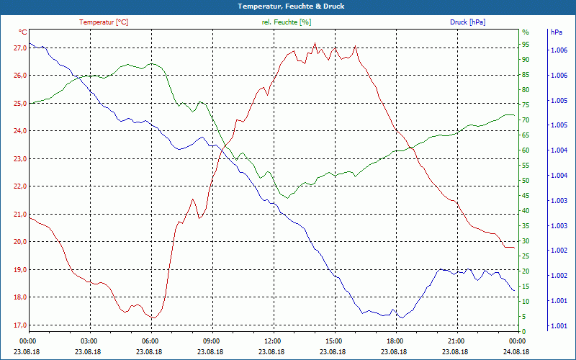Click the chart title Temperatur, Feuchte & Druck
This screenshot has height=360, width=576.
(x=287, y=6)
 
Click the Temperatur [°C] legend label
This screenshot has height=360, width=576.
(x=104, y=22)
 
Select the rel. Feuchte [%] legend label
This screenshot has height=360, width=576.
(x=287, y=22)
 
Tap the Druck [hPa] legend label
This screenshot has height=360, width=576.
(x=467, y=22)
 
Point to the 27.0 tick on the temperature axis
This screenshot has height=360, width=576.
(x=20, y=48)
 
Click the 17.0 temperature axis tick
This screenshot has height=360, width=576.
(x=20, y=325)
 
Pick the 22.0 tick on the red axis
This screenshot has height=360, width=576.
(x=20, y=186)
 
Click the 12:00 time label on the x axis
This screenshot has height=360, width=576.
(x=273, y=341)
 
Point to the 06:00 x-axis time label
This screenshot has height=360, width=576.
(x=150, y=341)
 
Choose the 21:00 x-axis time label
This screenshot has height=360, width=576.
(x=456, y=341)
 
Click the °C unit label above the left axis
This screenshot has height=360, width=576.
(x=23, y=32)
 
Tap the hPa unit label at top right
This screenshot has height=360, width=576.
(x=556, y=32)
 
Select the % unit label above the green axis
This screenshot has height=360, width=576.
(x=526, y=32)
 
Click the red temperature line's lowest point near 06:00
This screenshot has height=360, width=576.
(x=153, y=318)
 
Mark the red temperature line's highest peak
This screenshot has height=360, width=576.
(x=315, y=43)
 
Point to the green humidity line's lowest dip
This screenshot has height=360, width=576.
(x=287, y=197)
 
